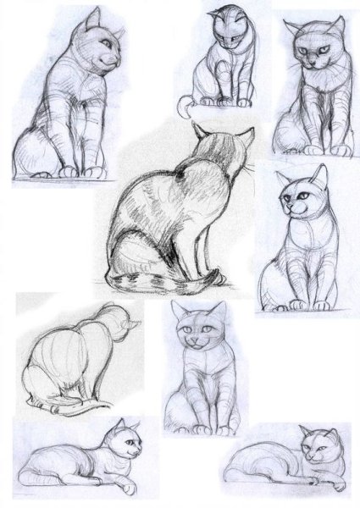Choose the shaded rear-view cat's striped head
pyautogui.click(x=220, y=152)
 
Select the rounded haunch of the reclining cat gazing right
pyautogui.click(x=42, y=464)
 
